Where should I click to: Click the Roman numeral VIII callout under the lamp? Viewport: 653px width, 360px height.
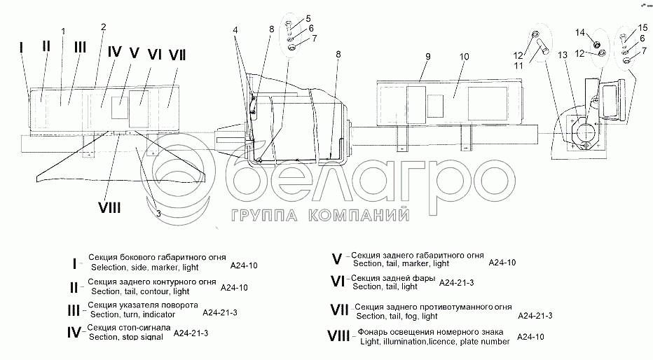(109, 207)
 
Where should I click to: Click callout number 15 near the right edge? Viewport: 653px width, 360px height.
(643, 27)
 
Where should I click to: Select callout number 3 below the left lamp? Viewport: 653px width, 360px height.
(159, 213)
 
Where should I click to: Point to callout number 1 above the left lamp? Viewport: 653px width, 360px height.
(63, 31)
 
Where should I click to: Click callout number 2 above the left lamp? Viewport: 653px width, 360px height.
(103, 27)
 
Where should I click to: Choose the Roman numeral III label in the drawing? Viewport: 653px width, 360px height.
(80, 47)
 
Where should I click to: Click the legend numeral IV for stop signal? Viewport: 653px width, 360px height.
(74, 332)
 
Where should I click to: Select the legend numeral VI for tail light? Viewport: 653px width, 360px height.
(338, 282)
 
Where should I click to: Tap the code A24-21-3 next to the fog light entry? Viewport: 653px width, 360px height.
(535, 316)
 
